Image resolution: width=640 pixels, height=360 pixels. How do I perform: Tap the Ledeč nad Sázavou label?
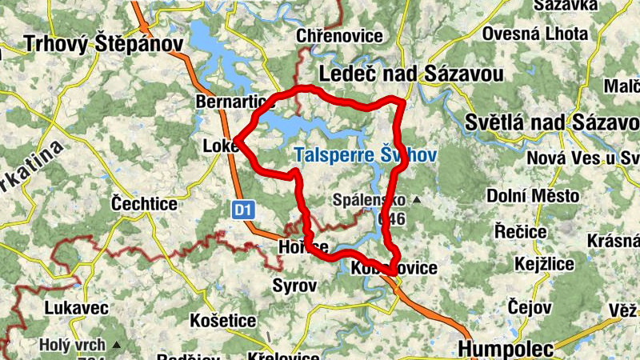pyautogui.click(x=411, y=74)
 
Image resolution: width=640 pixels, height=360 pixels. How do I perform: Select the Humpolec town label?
pyautogui.click(x=505, y=349)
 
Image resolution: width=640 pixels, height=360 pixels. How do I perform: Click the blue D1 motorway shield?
pyautogui.click(x=244, y=210)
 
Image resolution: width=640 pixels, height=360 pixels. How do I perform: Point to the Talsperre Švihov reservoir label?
pyautogui.click(x=365, y=156)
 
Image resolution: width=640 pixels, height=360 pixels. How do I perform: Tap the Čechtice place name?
pyautogui.click(x=144, y=204)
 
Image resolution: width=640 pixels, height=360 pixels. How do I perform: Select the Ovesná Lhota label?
pyautogui.click(x=535, y=35)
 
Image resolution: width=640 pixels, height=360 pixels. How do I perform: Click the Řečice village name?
pyautogui.click(x=520, y=231)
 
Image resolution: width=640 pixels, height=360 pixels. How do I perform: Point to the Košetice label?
pyautogui.click(x=223, y=320)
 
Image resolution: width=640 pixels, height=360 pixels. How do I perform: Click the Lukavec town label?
pyautogui.click(x=75, y=307)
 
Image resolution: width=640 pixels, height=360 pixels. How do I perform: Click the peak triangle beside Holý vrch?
pyautogui.click(x=117, y=346)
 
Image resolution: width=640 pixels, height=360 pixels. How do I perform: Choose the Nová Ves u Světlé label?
pyautogui.click(x=583, y=158)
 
